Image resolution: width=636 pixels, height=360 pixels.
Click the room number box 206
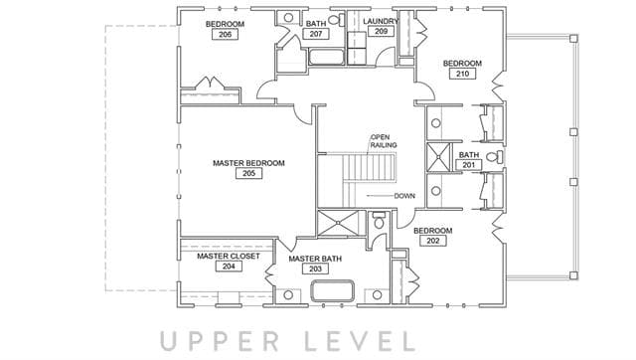click(x=226, y=34)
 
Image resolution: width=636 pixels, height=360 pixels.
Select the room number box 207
click(x=316, y=34)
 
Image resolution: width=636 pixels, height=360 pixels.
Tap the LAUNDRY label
click(x=381, y=21)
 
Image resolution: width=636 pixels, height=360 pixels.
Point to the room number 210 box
click(x=462, y=74)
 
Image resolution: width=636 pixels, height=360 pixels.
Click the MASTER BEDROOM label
click(x=248, y=163)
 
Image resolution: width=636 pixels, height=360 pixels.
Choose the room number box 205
click(x=248, y=173)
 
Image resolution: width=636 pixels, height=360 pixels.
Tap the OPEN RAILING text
click(x=384, y=141)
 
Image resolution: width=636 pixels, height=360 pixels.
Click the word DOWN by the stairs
click(x=404, y=196)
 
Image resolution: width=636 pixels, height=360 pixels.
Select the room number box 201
click(x=468, y=165)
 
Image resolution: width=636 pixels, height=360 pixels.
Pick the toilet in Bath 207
click(x=337, y=20)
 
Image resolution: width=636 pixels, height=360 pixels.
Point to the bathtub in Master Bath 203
click(x=332, y=290)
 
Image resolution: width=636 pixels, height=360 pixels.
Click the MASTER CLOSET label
click(x=229, y=257)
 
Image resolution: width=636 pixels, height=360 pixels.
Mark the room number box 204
click(x=229, y=267)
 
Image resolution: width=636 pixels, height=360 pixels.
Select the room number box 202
click(x=433, y=241)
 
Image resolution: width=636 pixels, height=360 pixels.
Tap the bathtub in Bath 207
click(x=327, y=57)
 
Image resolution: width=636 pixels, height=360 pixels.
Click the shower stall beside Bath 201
click(x=438, y=157)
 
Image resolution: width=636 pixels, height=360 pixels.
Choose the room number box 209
click(x=381, y=31)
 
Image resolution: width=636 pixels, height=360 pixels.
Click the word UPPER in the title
click(x=220, y=341)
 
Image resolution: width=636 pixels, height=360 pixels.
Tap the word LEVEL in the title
click(x=360, y=341)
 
